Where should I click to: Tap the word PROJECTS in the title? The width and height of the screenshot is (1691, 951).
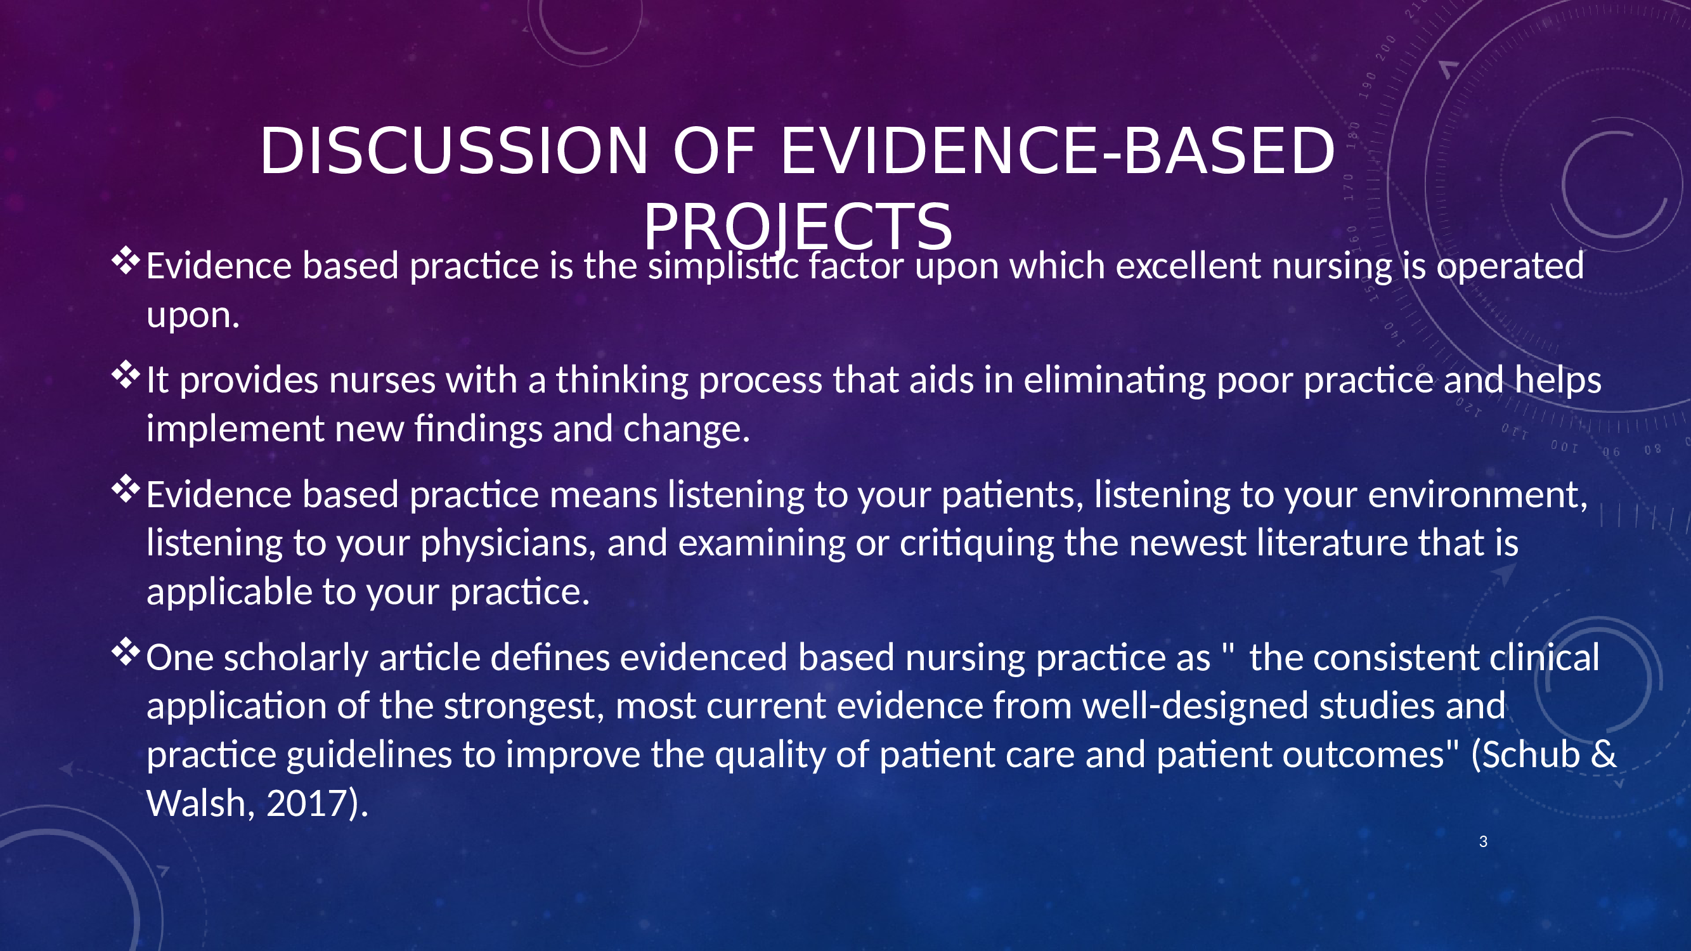click(x=798, y=226)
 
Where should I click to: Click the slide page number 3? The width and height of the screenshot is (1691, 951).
click(x=1483, y=841)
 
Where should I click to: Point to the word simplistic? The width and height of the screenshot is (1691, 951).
click(x=723, y=266)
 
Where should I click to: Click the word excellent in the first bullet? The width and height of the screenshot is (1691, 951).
click(x=1188, y=266)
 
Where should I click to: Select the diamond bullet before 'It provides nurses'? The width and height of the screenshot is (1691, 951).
click(x=126, y=375)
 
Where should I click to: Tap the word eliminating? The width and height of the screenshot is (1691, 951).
click(x=1115, y=380)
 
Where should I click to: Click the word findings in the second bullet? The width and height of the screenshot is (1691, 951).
click(x=478, y=429)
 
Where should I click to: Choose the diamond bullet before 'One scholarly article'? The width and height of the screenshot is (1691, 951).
click(x=126, y=653)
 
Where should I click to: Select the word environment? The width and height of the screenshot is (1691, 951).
click(x=1478, y=496)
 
